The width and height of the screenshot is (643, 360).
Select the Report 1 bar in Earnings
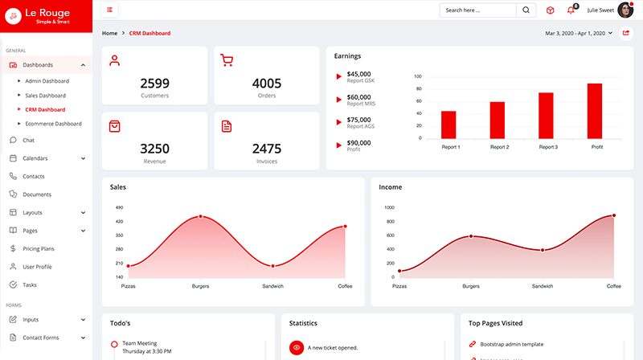tap(448, 125)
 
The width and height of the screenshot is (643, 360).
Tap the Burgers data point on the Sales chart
tap(200, 216)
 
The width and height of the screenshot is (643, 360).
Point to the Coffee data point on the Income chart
tap(614, 215)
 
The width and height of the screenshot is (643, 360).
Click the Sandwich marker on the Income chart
tap(543, 250)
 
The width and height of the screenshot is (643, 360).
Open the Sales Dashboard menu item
tap(45, 95)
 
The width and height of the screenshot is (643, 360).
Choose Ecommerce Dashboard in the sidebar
tap(53, 124)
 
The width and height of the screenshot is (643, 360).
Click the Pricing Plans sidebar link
tap(39, 248)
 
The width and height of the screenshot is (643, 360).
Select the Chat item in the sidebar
tap(28, 140)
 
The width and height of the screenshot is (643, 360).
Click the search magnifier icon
tap(526, 10)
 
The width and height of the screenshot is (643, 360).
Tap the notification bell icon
tap(571, 10)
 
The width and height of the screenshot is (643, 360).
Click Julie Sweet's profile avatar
tap(625, 10)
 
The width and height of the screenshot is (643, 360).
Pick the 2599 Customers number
tap(154, 83)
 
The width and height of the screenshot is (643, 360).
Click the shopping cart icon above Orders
tap(227, 60)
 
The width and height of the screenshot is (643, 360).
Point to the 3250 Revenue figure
tap(154, 149)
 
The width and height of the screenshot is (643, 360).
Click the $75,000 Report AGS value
tap(358, 119)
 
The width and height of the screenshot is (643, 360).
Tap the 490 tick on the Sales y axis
tap(119, 207)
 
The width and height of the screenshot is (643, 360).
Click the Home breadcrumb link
tap(109, 33)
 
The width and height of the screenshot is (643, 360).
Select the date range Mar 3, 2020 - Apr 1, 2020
tap(578, 33)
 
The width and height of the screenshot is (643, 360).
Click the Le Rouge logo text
tap(47, 12)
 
